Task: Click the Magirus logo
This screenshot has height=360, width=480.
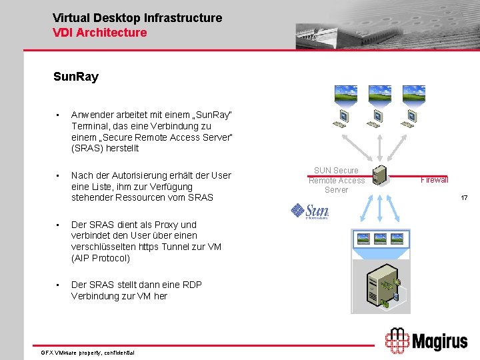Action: [426, 341]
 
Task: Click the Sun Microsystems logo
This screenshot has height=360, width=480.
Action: [310, 211]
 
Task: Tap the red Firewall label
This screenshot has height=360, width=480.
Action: [434, 180]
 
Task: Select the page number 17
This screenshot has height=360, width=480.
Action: [465, 198]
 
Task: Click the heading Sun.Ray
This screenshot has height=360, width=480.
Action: [75, 77]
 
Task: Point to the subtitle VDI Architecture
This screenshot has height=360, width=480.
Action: [99, 32]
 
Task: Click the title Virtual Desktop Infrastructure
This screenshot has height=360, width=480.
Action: [137, 18]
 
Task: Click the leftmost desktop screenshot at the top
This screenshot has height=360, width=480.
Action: [345, 93]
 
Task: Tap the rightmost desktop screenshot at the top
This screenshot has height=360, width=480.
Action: [415, 93]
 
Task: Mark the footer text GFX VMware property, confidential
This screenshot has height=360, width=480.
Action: [87, 352]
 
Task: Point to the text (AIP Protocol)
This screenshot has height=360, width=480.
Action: [100, 258]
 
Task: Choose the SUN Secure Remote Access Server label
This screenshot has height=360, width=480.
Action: [336, 180]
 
